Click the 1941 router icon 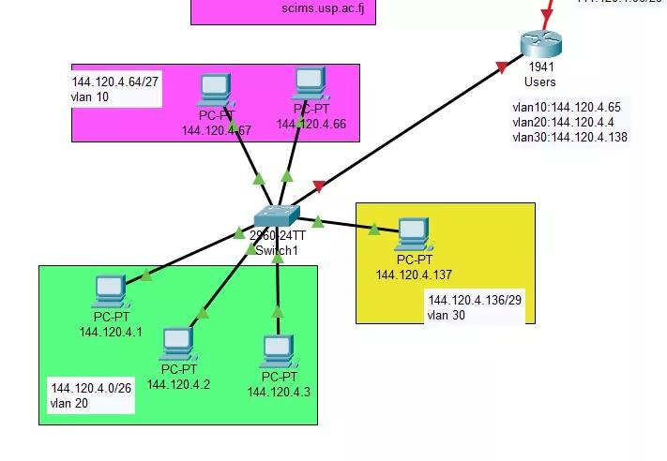point(541,44)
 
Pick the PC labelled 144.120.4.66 point(310,83)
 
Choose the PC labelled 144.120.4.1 point(111,290)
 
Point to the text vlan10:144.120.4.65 point(566,108)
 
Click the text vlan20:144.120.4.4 point(563,123)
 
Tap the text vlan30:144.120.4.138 point(569,138)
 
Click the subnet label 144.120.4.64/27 point(115,82)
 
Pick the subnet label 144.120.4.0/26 point(91,388)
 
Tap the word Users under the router point(539,82)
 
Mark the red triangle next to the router point(503,67)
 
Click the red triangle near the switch point(319,186)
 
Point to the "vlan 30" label point(447,316)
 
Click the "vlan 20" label point(68,404)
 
